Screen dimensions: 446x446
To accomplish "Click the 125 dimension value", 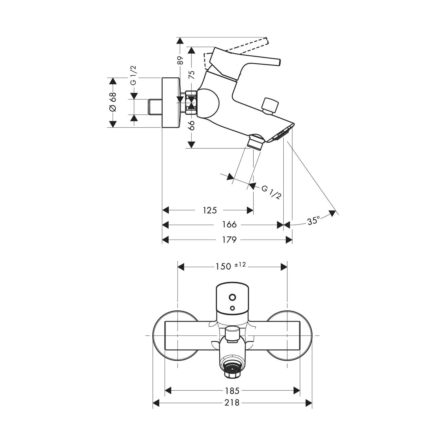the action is pos(210,210).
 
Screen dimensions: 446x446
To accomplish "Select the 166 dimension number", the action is pos(229,225).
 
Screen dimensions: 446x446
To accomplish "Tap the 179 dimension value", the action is pos(229,239).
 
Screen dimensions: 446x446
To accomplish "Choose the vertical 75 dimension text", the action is pos(192,74).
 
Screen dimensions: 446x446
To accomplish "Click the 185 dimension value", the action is pos(232,390).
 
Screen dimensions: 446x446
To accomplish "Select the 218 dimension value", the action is pos(232,403).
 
